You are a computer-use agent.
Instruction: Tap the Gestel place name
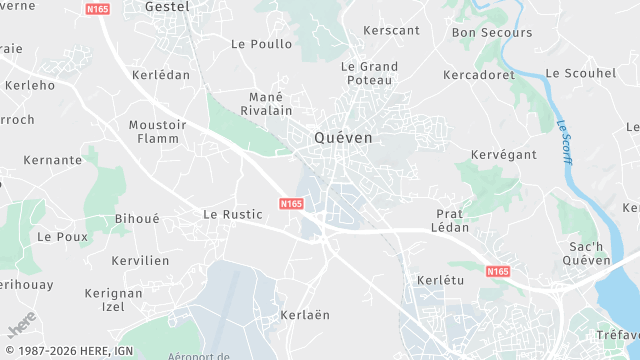[167, 6]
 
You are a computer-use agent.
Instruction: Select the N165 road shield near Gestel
[98, 9]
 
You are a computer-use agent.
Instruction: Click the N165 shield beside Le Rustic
[291, 203]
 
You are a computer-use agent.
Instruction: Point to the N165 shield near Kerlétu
[497, 271]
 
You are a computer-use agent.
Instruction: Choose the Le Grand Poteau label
[370, 74]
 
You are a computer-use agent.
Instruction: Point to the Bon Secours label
[492, 32]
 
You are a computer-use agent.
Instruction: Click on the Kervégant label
[504, 155]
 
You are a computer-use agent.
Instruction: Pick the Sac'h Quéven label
[587, 254]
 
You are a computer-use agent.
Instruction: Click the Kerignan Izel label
[114, 299]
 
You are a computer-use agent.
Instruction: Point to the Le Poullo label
[262, 44]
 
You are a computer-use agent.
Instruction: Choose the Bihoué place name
[137, 218]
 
